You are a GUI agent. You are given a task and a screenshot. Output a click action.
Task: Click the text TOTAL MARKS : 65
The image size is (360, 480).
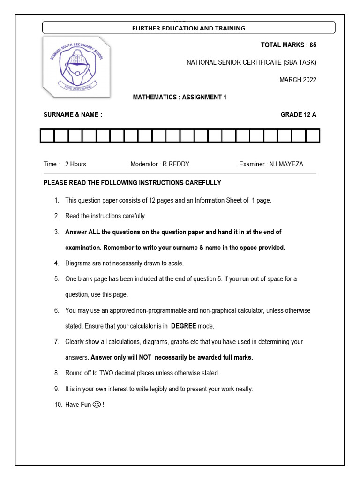coord(288,45)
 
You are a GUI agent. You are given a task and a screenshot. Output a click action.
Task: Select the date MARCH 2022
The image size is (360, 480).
coord(298,80)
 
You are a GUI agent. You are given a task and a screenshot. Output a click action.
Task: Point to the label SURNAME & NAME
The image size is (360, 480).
coord(73,114)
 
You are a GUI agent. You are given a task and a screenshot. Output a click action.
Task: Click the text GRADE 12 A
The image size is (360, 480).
coord(298,114)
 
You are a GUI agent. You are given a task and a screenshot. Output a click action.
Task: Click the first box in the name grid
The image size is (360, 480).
coord(47,136)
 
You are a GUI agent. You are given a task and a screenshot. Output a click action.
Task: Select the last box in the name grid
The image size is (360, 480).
coord(313,136)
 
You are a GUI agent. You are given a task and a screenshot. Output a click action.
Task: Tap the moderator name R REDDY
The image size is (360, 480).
coord(176,164)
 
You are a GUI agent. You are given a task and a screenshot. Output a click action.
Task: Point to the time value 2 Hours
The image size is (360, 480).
coord(75,164)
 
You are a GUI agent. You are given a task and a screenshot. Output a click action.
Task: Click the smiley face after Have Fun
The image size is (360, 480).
coord(97,404)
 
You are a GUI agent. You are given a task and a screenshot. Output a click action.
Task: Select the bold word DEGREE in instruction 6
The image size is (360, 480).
coord(183,326)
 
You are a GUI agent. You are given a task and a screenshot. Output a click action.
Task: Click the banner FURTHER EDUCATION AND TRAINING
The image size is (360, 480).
coord(188,28)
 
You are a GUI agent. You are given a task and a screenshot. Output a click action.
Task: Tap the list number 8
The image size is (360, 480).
coord(56,373)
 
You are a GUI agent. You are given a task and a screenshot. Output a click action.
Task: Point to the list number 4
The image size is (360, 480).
coord(56,263)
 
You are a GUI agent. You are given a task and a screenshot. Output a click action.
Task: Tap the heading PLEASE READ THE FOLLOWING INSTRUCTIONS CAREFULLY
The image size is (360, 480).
coord(132,183)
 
